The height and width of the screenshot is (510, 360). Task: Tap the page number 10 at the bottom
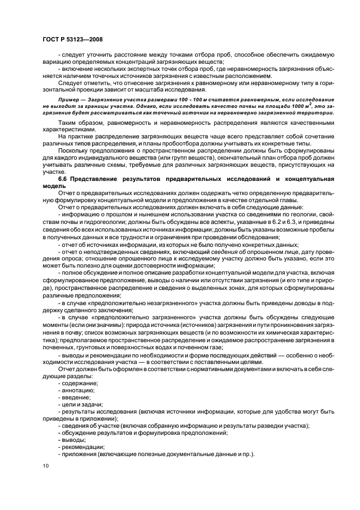click(45, 466)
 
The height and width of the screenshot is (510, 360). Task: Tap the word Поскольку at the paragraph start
click(75, 150)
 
